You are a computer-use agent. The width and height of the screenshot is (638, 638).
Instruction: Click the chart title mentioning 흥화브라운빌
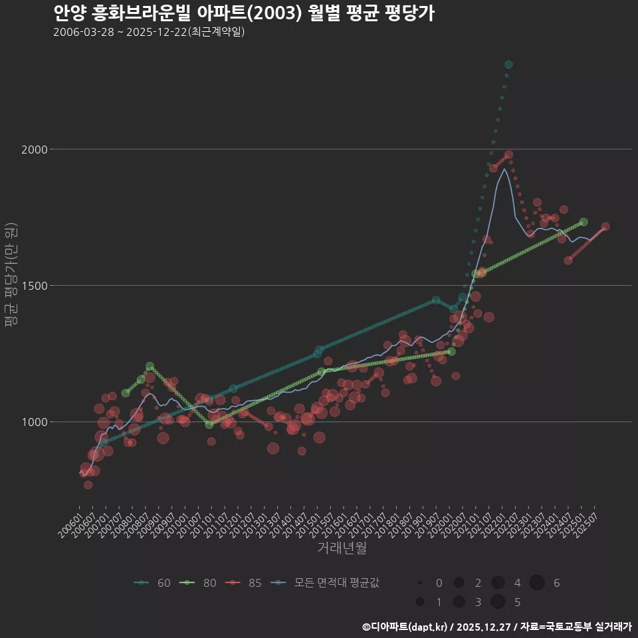243,13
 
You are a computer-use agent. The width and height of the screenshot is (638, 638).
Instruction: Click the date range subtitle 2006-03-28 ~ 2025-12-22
149,32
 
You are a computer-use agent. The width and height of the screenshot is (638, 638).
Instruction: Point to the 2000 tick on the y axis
36,150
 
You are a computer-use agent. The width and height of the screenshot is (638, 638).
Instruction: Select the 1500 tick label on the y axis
36,286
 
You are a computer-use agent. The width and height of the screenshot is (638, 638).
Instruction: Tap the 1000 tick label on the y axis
36,422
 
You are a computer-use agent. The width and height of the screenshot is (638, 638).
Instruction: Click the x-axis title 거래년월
342,548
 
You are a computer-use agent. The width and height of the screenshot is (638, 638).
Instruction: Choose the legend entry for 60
152,583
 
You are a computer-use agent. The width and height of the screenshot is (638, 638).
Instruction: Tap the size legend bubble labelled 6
537,583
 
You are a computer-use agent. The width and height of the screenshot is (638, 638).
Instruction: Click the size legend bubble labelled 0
420,583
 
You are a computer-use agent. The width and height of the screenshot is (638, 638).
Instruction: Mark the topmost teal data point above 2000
508,64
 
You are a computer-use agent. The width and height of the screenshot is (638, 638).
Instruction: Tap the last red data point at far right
605,227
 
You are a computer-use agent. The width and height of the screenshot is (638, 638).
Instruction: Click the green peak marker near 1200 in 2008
150,366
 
